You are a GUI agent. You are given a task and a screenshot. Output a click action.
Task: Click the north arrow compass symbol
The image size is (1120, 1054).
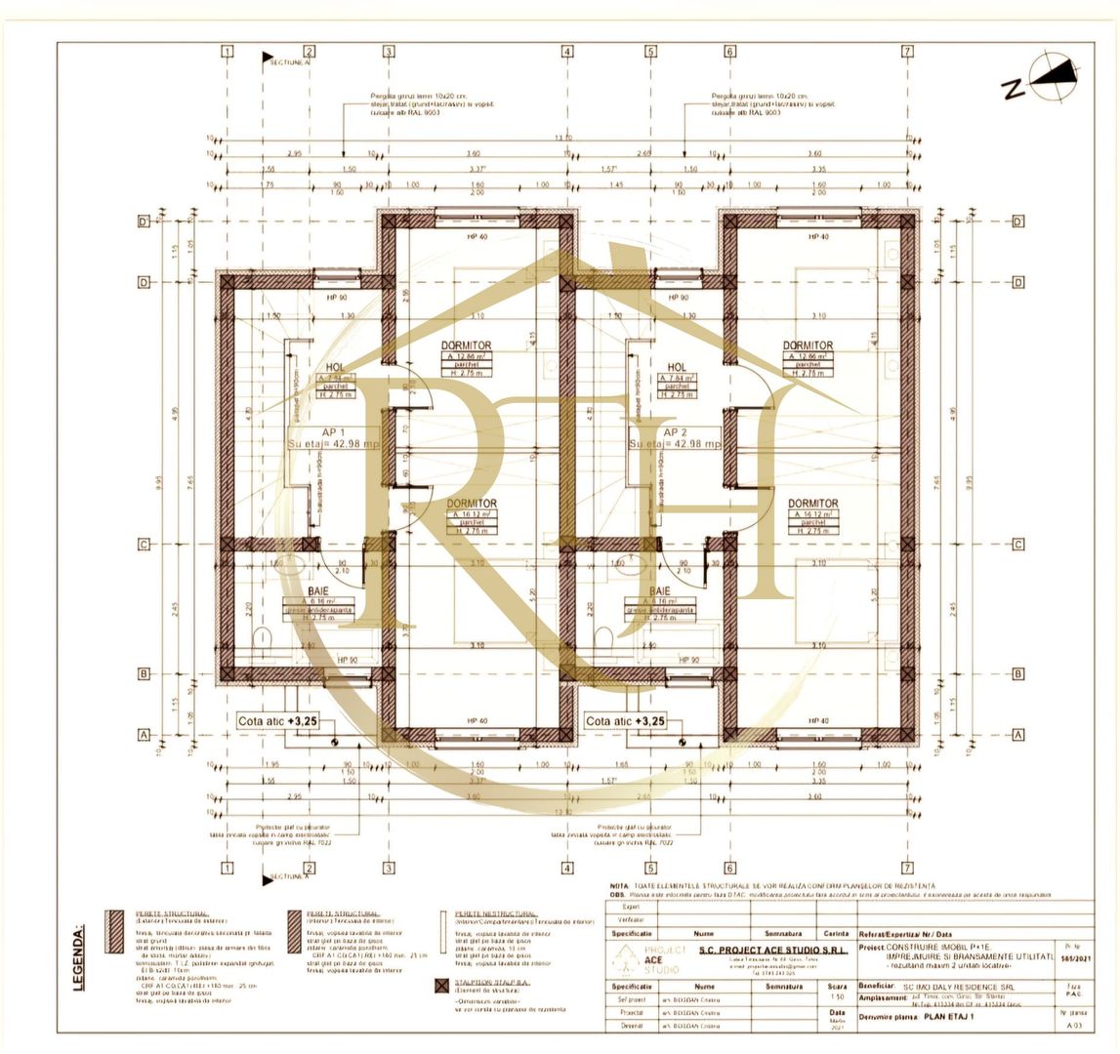point(1055,78)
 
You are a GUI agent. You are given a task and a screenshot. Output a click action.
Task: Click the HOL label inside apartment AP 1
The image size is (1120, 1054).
point(335,368)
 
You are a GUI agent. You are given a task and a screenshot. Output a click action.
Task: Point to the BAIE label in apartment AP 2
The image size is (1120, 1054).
point(660,591)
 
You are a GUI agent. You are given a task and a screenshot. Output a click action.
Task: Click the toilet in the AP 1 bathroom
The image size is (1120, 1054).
point(263,639)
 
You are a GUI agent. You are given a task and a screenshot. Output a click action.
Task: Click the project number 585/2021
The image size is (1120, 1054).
point(1073,958)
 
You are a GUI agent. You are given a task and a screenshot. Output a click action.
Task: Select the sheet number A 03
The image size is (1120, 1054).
point(1073,1026)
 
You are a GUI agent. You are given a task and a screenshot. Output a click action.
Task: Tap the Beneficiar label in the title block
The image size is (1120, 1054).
point(878,987)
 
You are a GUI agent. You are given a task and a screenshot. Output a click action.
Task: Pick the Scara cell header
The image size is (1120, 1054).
point(837,987)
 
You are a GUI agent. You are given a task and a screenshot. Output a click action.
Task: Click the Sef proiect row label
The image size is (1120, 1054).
point(631,999)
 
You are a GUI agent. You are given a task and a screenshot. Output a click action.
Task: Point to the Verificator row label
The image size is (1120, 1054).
point(631,919)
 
